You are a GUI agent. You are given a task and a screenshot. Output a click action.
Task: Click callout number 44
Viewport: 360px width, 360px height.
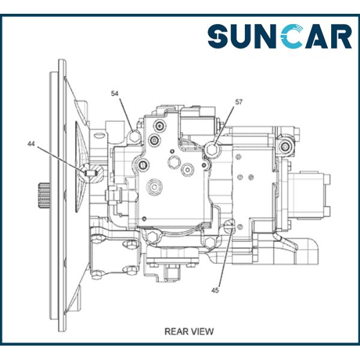pyautogui.click(x=31, y=144)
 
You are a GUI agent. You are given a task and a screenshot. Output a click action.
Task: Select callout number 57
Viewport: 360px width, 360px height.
pyautogui.click(x=239, y=103)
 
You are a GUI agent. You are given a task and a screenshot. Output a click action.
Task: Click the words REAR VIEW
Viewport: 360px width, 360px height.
pyautogui.click(x=189, y=331)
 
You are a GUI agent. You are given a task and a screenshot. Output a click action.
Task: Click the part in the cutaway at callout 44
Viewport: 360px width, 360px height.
pyautogui.click(x=90, y=173)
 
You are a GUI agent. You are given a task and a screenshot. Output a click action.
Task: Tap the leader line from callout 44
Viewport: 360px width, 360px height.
pyautogui.click(x=60, y=158)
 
